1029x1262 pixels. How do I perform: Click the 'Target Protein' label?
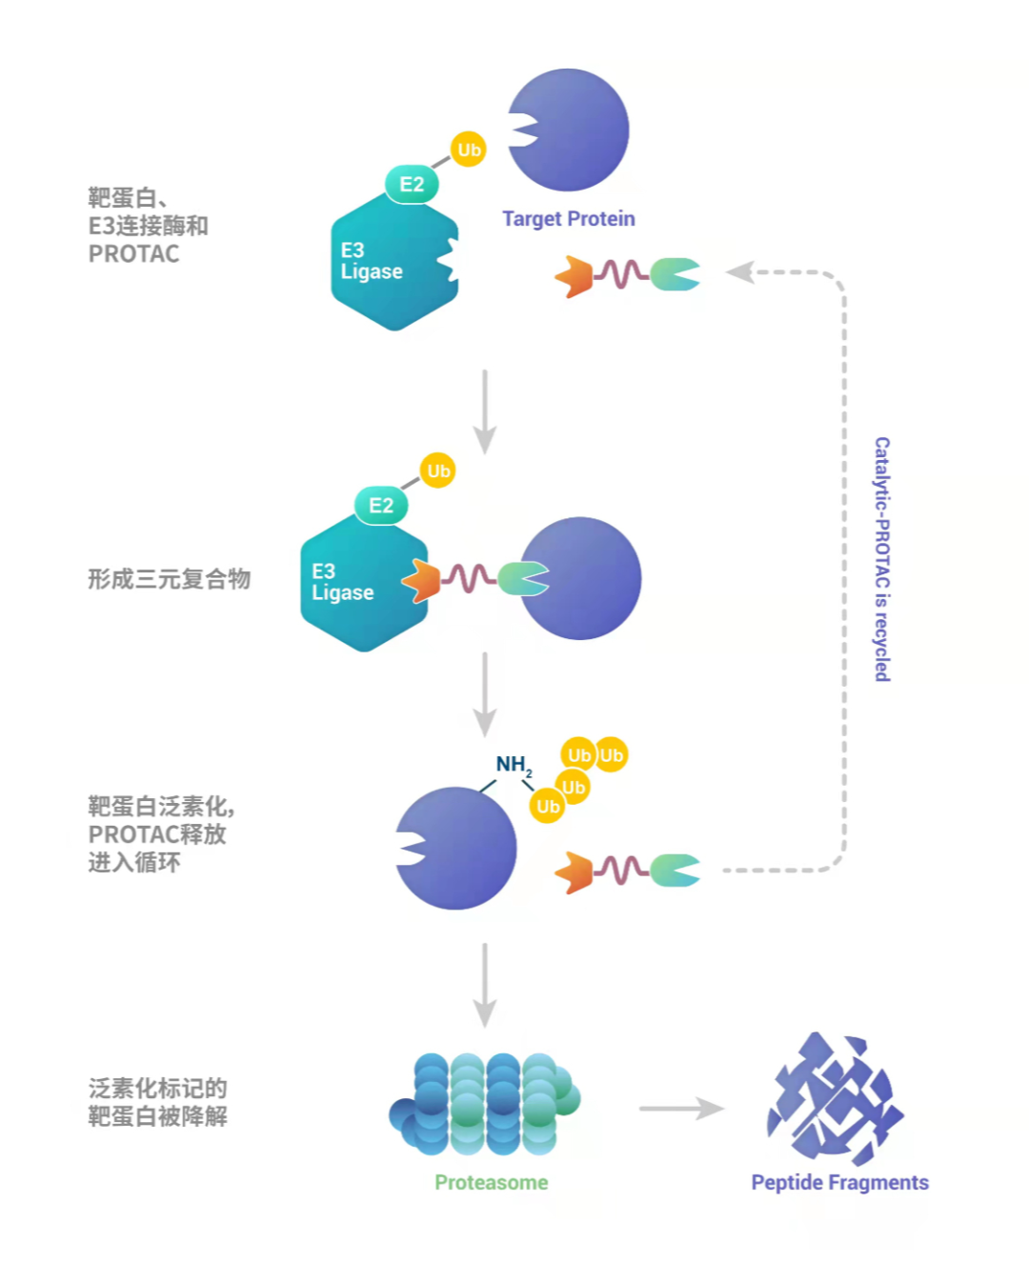[x=568, y=219]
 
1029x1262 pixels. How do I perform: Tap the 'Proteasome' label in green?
[x=491, y=1182]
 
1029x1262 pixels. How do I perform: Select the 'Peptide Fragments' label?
[x=839, y=1182]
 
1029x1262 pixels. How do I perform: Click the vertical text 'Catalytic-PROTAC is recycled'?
[x=882, y=559]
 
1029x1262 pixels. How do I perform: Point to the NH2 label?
[x=514, y=765]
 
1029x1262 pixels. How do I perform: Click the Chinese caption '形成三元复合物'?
[x=169, y=579]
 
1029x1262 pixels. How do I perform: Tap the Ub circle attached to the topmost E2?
[x=468, y=150]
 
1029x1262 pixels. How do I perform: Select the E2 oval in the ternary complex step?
[x=381, y=506]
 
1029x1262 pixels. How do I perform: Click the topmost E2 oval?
[x=412, y=184]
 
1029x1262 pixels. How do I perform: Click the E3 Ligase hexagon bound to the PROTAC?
[x=357, y=586]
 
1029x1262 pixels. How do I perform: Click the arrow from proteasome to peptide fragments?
[x=680, y=1108]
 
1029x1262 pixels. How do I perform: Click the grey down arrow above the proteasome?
[x=485, y=985]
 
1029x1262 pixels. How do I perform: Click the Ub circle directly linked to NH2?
[x=548, y=807]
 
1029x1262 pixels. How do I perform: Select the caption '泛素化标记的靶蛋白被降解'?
[x=157, y=1102]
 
